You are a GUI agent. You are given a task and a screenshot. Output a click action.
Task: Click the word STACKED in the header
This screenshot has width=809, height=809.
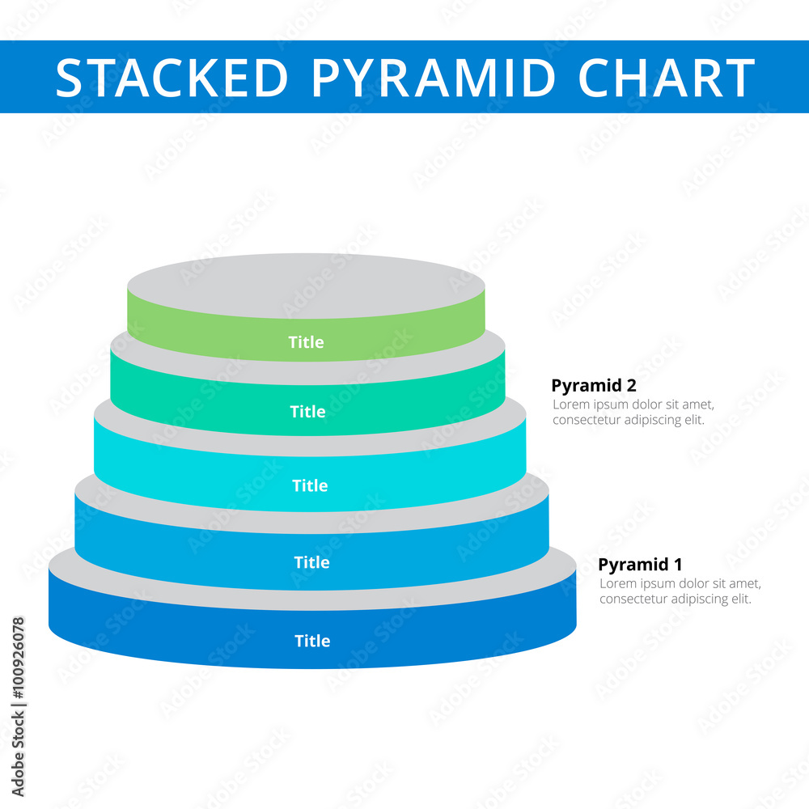(x=172, y=78)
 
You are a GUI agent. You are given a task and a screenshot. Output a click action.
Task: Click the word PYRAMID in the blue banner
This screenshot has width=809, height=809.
(x=433, y=78)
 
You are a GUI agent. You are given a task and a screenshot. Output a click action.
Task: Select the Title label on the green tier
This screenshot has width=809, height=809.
(x=306, y=342)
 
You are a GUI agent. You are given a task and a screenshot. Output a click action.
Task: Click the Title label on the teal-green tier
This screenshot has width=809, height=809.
(x=307, y=412)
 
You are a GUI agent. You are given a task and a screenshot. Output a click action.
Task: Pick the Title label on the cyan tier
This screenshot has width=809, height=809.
(x=310, y=485)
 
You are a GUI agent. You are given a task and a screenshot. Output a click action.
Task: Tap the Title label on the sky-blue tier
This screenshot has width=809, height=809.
(x=311, y=562)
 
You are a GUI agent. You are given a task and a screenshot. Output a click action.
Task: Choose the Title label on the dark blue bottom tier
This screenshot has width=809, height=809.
(x=312, y=641)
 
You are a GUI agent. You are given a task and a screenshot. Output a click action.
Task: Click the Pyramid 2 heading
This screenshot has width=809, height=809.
(x=594, y=386)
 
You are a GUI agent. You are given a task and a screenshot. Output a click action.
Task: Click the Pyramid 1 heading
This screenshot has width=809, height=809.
(x=640, y=565)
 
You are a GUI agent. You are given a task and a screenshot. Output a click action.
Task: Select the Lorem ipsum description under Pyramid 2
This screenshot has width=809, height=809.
(x=633, y=413)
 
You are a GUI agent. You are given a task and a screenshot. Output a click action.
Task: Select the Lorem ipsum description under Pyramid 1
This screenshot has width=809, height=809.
(x=680, y=591)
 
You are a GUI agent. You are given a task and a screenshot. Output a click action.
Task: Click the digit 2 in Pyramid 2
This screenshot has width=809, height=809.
(x=631, y=386)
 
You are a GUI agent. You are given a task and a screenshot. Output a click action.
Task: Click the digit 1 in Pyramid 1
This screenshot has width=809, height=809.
(x=678, y=565)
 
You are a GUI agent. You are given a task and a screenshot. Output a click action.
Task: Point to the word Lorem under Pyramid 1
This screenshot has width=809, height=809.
(x=616, y=583)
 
